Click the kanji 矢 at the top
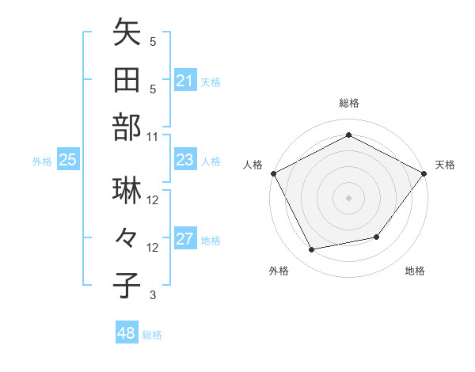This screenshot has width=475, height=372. pyautogui.click(x=127, y=33)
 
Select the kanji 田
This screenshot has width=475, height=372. pyautogui.click(x=127, y=80)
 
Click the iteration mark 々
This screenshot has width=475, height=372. pyautogui.click(x=127, y=237)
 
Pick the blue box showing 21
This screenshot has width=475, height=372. pyautogui.click(x=184, y=81)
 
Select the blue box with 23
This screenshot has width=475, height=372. pyautogui.click(x=184, y=160)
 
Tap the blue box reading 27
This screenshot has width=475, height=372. pyautogui.click(x=184, y=240)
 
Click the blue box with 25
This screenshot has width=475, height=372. pyautogui.click(x=68, y=161)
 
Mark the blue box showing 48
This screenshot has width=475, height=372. pyautogui.click(x=127, y=333)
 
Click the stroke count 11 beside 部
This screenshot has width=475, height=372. pyautogui.click(x=153, y=136)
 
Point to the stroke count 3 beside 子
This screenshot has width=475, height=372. pyautogui.click(x=153, y=295)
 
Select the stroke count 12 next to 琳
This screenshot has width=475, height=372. pyautogui.click(x=153, y=199)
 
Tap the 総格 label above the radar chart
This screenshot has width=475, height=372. pyautogui.click(x=348, y=103)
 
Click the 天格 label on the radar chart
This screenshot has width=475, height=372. pyautogui.click(x=445, y=165)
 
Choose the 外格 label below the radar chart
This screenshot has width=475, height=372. pyautogui.click(x=279, y=271)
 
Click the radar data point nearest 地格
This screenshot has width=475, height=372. pyautogui.click(x=377, y=237)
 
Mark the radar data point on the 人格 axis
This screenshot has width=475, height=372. pyautogui.click(x=274, y=173)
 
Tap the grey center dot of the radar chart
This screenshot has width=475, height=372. pyautogui.click(x=348, y=197)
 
